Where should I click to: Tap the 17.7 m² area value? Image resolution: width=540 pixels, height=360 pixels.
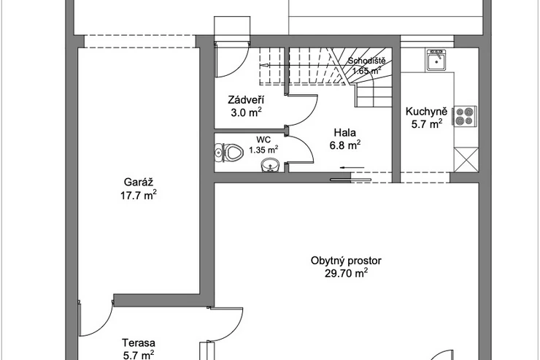139,195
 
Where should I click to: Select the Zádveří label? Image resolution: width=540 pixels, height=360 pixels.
246,100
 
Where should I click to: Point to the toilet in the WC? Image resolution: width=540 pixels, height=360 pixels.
232,152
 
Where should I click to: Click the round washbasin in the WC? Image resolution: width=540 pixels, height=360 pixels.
271,165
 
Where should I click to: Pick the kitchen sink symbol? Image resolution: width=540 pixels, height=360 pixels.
436,60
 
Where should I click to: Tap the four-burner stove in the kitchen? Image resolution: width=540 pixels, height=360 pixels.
465,116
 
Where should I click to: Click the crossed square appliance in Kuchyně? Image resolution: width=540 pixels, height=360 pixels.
466,159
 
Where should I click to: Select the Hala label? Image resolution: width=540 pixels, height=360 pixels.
344,133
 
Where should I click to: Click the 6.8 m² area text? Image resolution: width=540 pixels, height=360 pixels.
345,145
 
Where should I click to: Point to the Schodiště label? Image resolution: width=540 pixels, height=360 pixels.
366,61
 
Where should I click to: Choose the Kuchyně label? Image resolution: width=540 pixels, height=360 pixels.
426,111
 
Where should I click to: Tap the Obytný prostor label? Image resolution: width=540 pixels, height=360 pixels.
346,261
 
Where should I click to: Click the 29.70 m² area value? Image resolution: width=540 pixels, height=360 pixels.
346,273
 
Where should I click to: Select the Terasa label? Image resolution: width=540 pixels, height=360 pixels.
139,342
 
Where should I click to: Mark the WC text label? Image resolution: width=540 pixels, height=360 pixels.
263,140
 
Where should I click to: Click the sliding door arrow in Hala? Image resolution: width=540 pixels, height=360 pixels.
352,168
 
